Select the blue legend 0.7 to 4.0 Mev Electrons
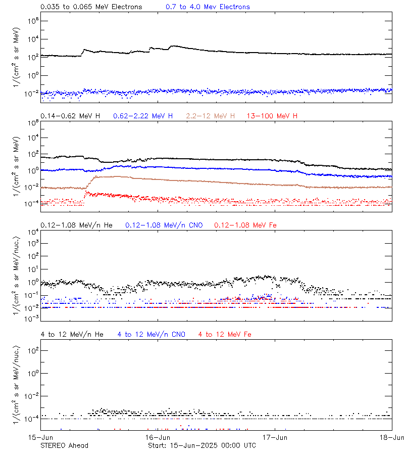coord(208,7)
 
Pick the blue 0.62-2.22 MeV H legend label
coord(143,116)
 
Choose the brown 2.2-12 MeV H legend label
coord(211,116)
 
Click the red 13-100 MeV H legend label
coord(272,116)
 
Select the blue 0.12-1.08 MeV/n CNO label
coord(164,225)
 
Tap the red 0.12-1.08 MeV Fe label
coord(245,225)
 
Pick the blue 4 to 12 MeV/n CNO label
coord(151,335)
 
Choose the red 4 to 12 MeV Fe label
coord(225,335)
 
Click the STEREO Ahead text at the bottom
coord(64,445)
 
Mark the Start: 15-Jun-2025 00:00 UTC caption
coord(202,445)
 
